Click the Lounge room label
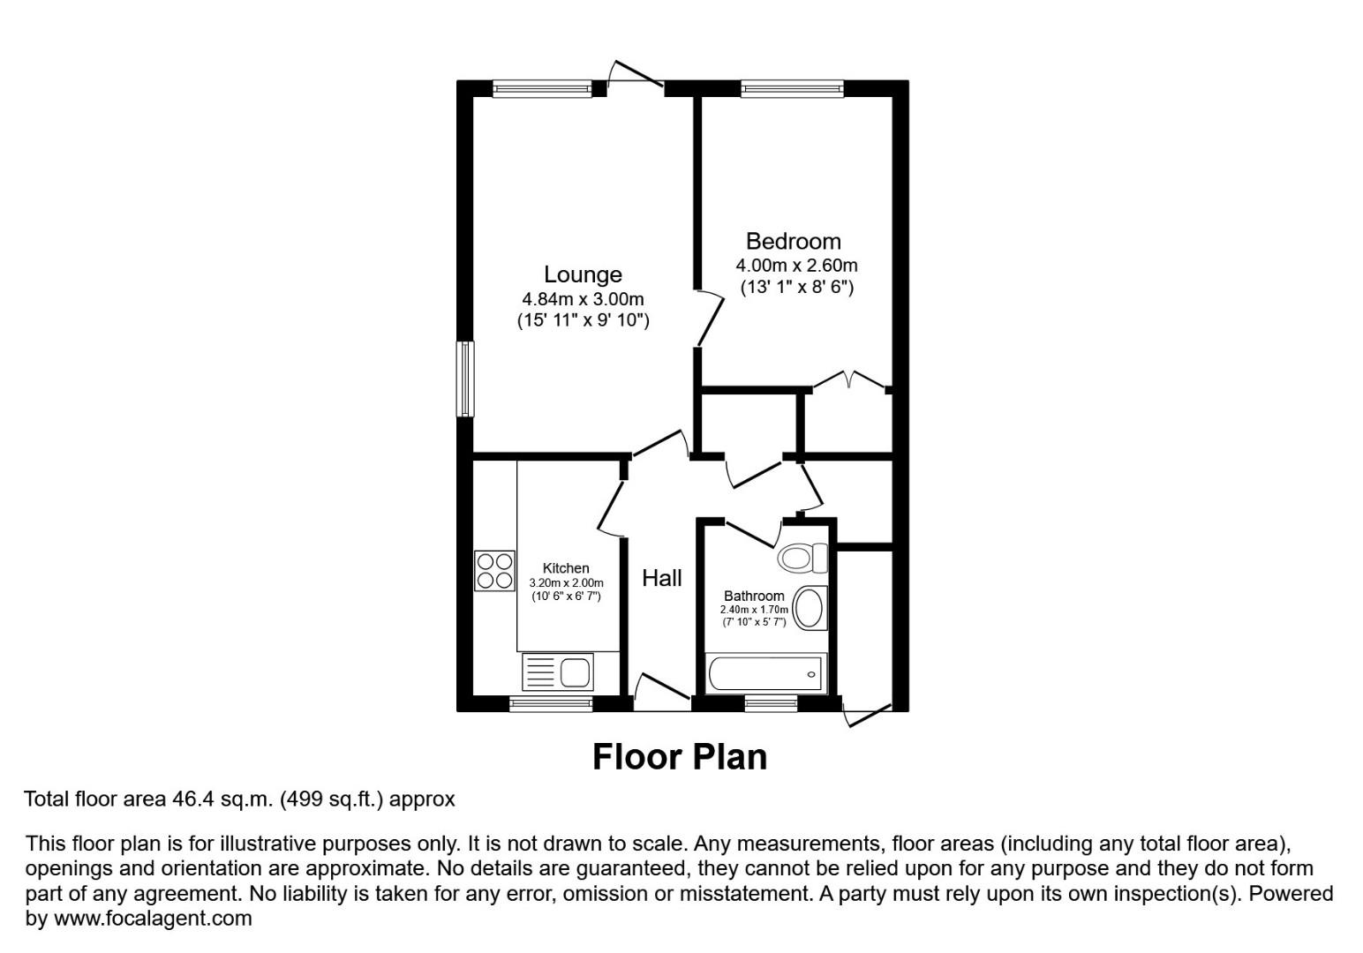click(x=583, y=274)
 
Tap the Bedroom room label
click(x=793, y=241)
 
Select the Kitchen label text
click(x=566, y=568)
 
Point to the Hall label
click(x=661, y=578)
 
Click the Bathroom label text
click(x=754, y=596)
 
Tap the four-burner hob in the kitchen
click(x=494, y=570)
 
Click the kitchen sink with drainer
click(x=558, y=673)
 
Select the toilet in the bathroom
click(x=802, y=558)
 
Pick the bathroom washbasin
click(x=810, y=609)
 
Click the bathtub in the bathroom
click(x=765, y=674)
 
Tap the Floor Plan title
click(x=679, y=757)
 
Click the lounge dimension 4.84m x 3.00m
click(x=583, y=299)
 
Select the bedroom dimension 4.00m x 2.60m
click(x=796, y=266)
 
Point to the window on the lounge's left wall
click(x=464, y=379)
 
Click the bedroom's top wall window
click(x=792, y=87)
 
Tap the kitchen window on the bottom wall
click(x=551, y=703)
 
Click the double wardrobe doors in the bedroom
click(x=848, y=380)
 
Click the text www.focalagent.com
click(x=154, y=919)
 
